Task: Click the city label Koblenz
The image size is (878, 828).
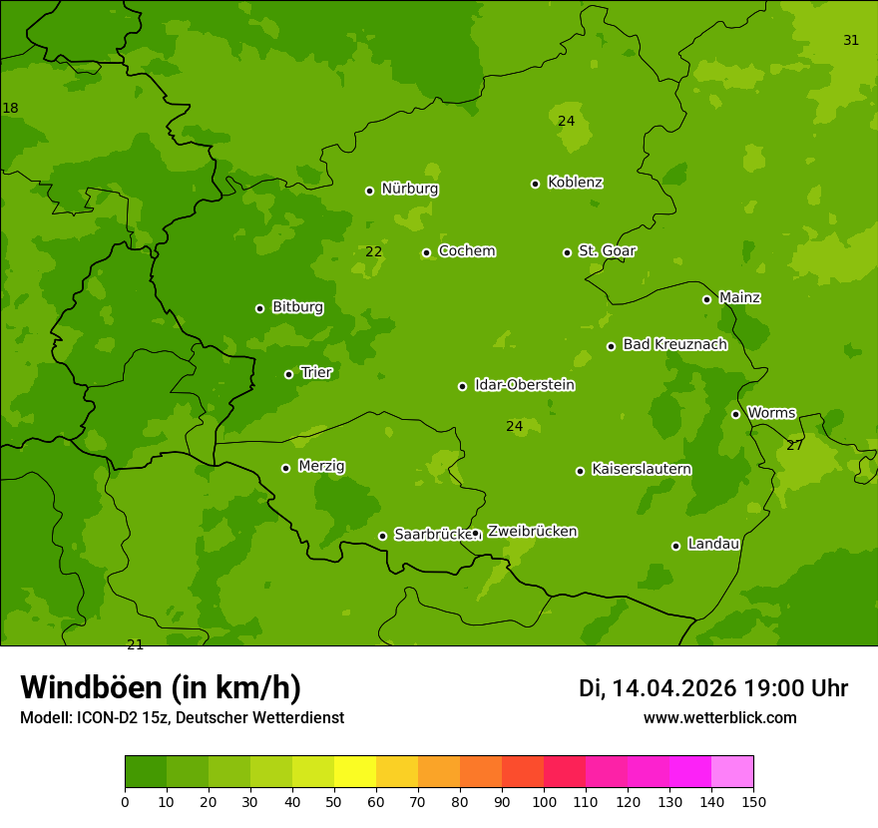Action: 575,183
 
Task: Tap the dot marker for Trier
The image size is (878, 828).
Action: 289,374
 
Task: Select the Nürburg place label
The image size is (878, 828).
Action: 409,189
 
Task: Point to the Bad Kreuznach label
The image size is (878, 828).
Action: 674,344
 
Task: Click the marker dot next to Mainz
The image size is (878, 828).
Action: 706,299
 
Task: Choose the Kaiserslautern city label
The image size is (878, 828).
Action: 642,469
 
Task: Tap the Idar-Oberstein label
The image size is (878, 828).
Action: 524,385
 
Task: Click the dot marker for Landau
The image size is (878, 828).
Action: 675,546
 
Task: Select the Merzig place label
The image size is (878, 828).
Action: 321,466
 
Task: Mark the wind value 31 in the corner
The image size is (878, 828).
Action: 851,41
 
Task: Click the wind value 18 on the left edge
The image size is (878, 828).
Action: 10,108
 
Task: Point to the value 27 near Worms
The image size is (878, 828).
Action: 794,445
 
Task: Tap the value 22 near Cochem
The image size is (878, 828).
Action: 373,251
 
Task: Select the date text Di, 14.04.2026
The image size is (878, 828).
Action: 658,688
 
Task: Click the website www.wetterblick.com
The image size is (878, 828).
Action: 719,718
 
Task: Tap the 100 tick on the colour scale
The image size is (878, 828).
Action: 544,801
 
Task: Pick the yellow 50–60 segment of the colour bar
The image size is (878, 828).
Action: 355,772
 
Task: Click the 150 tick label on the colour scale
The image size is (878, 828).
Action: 753,801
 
